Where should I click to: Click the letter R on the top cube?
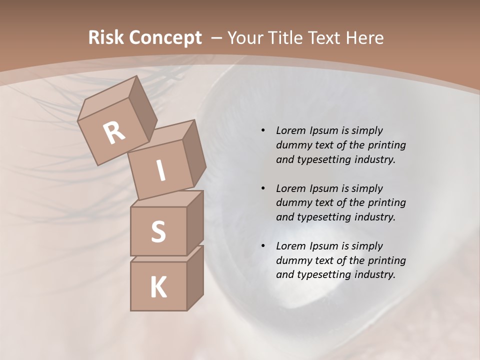pyautogui.click(x=114, y=133)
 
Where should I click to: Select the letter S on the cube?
pyautogui.click(x=158, y=231)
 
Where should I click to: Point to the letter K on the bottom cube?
pyautogui.click(x=158, y=287)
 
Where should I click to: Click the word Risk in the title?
pyautogui.click(x=106, y=37)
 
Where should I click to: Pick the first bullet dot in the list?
pyautogui.click(x=263, y=130)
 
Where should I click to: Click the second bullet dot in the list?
pyautogui.click(x=263, y=188)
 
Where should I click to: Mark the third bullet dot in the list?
pyautogui.click(x=263, y=246)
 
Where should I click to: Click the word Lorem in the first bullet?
pyautogui.click(x=290, y=130)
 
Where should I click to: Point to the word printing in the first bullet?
pyautogui.click(x=386, y=145)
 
